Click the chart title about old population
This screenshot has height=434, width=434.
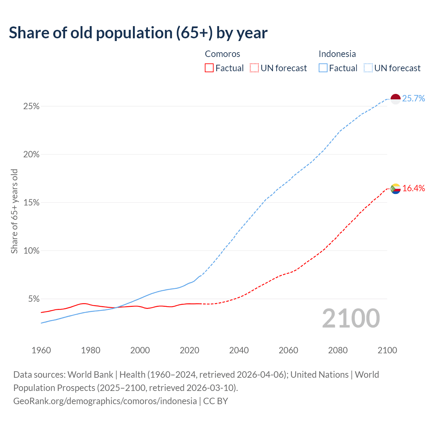click(x=138, y=33)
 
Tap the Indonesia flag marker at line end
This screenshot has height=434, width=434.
click(x=396, y=99)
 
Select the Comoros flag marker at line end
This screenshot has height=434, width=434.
click(x=396, y=189)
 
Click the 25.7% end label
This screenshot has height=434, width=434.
click(x=414, y=99)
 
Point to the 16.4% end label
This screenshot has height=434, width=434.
click(x=414, y=189)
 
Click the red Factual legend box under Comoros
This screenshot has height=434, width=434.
click(x=209, y=68)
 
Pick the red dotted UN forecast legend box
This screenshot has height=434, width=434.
click(x=254, y=68)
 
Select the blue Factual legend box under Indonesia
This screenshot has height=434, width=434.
click(x=323, y=68)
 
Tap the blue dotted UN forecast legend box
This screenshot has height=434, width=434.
click(x=368, y=68)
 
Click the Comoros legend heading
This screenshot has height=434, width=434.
click(x=222, y=54)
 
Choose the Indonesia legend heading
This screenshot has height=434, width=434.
click(x=337, y=54)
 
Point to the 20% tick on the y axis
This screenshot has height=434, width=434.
click(x=31, y=155)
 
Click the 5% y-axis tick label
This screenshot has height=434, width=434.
click(x=34, y=299)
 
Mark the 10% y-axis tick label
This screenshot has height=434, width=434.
click(x=31, y=251)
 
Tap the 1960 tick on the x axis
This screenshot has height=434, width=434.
click(x=41, y=350)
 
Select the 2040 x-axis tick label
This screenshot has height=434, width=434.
click(x=239, y=350)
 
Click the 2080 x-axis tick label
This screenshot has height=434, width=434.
click(x=338, y=350)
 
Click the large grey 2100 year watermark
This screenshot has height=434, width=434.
click(x=351, y=318)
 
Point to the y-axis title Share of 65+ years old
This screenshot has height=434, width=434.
click(x=14, y=211)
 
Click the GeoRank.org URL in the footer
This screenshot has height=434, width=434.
click(x=105, y=401)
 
